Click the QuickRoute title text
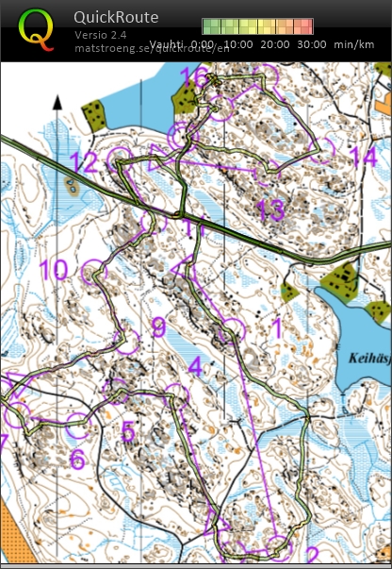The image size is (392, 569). [x=116, y=17]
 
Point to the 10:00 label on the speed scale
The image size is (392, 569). [x=239, y=44]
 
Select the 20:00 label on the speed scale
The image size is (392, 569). [x=274, y=44]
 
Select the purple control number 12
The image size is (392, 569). [x=83, y=161]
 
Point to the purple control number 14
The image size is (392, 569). [x=362, y=156]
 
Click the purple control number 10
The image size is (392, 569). [x=53, y=271]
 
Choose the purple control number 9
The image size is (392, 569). [x=158, y=327]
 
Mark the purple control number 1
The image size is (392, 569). [x=276, y=327]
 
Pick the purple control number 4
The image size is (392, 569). [x=195, y=366]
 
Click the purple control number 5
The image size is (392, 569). [x=128, y=431]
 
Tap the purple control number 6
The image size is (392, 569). [x=77, y=460]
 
